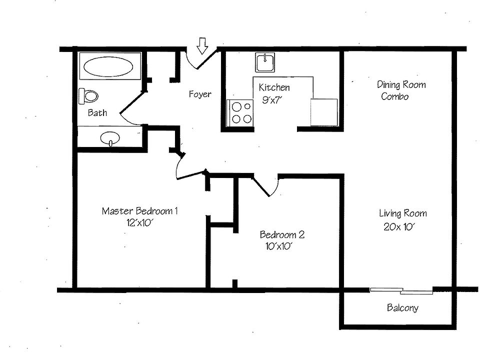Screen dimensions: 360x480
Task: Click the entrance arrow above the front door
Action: click(202, 45)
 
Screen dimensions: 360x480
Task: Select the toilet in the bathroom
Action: click(88, 95)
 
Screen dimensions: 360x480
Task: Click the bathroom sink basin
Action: click(110, 138)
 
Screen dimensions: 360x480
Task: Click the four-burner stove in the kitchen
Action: click(240, 112)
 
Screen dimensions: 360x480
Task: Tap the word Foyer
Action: click(199, 94)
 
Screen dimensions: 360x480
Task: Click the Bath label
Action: click(97, 112)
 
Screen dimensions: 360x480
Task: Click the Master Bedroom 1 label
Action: click(139, 211)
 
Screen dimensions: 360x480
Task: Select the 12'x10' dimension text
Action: click(139, 223)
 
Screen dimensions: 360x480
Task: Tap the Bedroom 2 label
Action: click(282, 234)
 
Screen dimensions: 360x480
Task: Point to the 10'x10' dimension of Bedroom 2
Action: click(279, 246)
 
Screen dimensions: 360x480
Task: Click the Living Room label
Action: click(402, 213)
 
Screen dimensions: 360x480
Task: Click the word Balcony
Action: click(402, 308)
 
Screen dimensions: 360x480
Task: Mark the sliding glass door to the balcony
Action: click(401, 290)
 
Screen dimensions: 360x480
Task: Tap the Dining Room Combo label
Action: click(400, 90)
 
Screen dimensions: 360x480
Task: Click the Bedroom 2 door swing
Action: click(265, 186)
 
